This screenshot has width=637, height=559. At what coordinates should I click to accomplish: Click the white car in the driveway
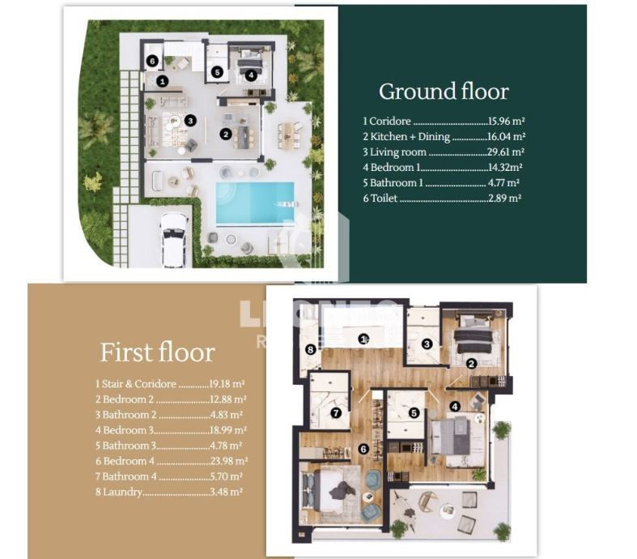(175, 240)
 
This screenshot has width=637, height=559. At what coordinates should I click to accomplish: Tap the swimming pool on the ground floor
(255, 203)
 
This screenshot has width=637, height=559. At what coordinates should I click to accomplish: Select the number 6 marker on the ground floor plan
(152, 61)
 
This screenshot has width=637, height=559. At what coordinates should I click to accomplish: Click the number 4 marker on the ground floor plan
(251, 75)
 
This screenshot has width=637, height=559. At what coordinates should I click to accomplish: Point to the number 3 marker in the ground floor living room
(190, 121)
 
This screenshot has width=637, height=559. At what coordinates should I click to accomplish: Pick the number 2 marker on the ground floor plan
(226, 134)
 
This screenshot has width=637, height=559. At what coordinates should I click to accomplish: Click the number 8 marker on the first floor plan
(310, 350)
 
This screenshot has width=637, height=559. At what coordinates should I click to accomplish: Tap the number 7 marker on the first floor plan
(336, 413)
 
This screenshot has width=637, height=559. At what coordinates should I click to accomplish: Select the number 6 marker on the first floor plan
(363, 449)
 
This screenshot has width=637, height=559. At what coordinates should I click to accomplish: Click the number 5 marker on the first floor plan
(414, 413)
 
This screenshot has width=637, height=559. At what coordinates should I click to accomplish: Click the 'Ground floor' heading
(444, 92)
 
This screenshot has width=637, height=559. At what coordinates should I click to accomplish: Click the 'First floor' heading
(158, 352)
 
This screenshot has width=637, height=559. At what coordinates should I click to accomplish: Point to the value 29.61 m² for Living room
(506, 151)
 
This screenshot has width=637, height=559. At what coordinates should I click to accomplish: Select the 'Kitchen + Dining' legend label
(410, 137)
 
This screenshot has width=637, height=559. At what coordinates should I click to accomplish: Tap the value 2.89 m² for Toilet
(504, 198)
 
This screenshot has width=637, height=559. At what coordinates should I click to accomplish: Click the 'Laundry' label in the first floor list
(122, 492)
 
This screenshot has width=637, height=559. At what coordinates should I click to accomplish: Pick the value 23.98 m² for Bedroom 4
(229, 461)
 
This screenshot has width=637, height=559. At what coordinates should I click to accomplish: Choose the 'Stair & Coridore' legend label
(139, 384)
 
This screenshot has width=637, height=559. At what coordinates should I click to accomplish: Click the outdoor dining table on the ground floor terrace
(289, 135)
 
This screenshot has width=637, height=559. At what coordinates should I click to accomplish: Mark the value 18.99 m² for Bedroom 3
(228, 430)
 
